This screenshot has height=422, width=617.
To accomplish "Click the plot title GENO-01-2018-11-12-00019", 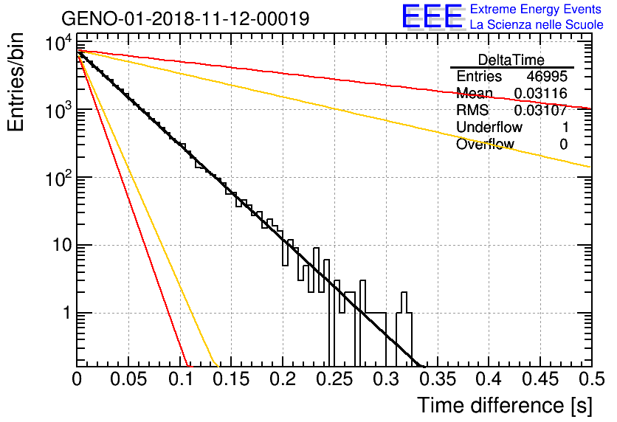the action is (186, 18).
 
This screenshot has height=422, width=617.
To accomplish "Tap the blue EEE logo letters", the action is (432, 16).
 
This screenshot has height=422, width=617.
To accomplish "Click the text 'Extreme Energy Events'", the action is (536, 9).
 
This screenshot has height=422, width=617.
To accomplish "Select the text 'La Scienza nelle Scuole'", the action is (537, 25).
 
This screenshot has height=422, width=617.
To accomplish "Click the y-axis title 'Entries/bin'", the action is (15, 83).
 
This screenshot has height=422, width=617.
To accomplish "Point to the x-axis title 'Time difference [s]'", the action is (505, 405).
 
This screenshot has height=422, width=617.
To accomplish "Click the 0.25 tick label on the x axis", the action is (335, 379).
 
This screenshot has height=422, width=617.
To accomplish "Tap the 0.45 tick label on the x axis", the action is (540, 379).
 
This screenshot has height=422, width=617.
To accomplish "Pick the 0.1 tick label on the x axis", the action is (181, 379).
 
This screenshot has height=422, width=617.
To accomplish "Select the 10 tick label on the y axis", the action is (62, 246).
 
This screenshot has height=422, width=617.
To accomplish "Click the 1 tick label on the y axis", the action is (66, 313).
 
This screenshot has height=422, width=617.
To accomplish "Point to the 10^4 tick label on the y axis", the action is (58, 43).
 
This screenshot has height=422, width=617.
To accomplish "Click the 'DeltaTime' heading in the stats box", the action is (511, 60).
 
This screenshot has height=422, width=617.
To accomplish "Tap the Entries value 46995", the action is (547, 76).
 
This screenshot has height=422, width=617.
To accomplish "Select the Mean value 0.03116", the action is (541, 93).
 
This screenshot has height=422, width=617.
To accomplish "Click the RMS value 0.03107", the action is (541, 110).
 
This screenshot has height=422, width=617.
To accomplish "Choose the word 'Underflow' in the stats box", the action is (489, 127).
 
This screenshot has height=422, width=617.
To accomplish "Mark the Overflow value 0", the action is (564, 144).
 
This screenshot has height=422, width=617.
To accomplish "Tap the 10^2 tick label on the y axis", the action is (58, 178).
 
